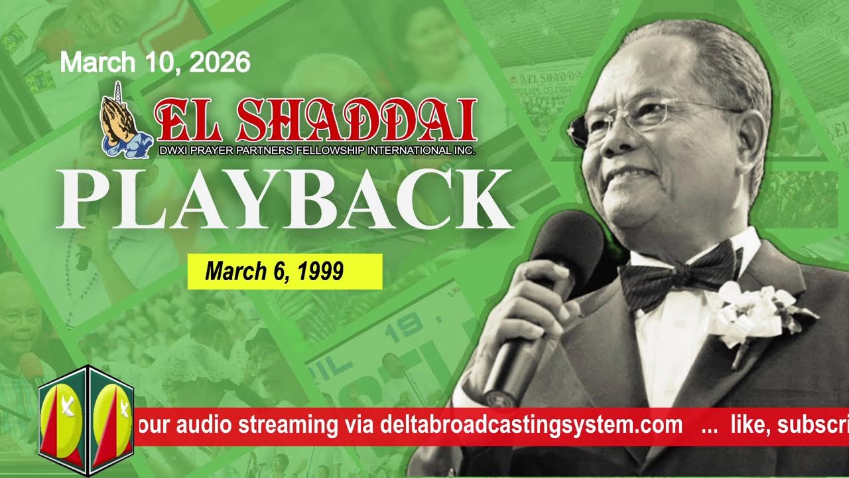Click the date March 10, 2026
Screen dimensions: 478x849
(x=155, y=63)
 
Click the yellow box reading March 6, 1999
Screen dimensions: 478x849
(x=285, y=272)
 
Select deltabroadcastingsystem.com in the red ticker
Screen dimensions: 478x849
(x=531, y=426)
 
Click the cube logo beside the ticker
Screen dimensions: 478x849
(x=86, y=420)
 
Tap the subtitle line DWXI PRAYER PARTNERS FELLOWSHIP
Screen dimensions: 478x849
(x=317, y=151)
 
